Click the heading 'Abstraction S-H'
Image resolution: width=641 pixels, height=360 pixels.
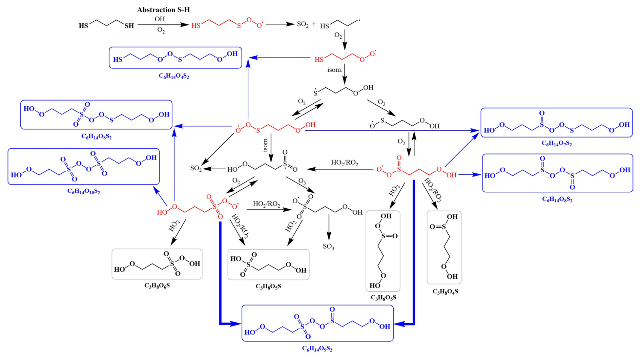point(163,10)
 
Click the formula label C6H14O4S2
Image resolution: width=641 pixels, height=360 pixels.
point(174,76)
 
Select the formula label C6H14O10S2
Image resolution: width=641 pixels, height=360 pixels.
point(84,192)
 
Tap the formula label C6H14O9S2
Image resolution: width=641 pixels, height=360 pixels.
point(317,348)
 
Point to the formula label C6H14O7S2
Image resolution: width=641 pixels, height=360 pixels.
point(557,143)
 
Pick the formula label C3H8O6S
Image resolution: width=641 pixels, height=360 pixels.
point(157,286)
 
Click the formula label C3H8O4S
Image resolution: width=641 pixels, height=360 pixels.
point(445,292)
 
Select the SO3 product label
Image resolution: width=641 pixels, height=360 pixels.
point(328,247)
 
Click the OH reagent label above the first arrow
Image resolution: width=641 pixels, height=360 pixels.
point(160,19)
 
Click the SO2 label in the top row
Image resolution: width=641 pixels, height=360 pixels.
point(303,24)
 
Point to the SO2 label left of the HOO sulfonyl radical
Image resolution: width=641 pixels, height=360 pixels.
point(196,168)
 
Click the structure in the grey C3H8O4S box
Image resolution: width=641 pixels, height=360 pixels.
point(444,247)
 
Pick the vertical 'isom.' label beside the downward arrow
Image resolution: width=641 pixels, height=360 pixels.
point(266,144)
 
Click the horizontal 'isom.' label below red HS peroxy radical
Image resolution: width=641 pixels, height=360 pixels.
point(334,70)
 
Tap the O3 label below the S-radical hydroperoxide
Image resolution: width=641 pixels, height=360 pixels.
point(381,103)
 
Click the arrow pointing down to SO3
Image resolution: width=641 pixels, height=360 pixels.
point(329,228)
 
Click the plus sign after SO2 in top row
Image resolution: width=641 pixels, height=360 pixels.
point(314,24)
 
